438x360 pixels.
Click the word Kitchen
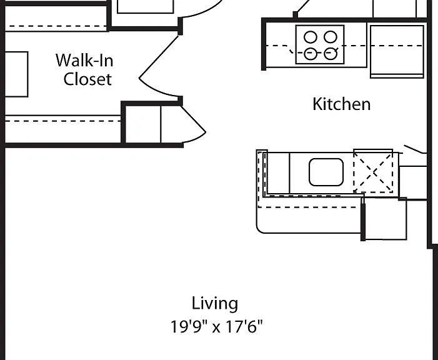(341, 104)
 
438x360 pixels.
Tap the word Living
(215, 304)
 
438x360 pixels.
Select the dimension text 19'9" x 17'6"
(217, 326)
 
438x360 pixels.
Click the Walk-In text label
(84, 60)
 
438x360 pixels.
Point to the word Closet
(87, 79)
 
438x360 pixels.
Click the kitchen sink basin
(326, 172)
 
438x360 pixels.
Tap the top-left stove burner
(311, 37)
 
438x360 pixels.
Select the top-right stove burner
(330, 37)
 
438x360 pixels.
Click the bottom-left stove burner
(311, 54)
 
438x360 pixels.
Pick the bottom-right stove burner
(331, 54)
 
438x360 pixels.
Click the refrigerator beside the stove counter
(397, 52)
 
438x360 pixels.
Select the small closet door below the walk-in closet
(192, 126)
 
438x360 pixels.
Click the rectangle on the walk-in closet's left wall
(16, 74)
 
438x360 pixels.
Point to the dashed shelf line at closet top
(56, 26)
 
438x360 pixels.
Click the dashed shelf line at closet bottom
(63, 121)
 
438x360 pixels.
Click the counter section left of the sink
(279, 173)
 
